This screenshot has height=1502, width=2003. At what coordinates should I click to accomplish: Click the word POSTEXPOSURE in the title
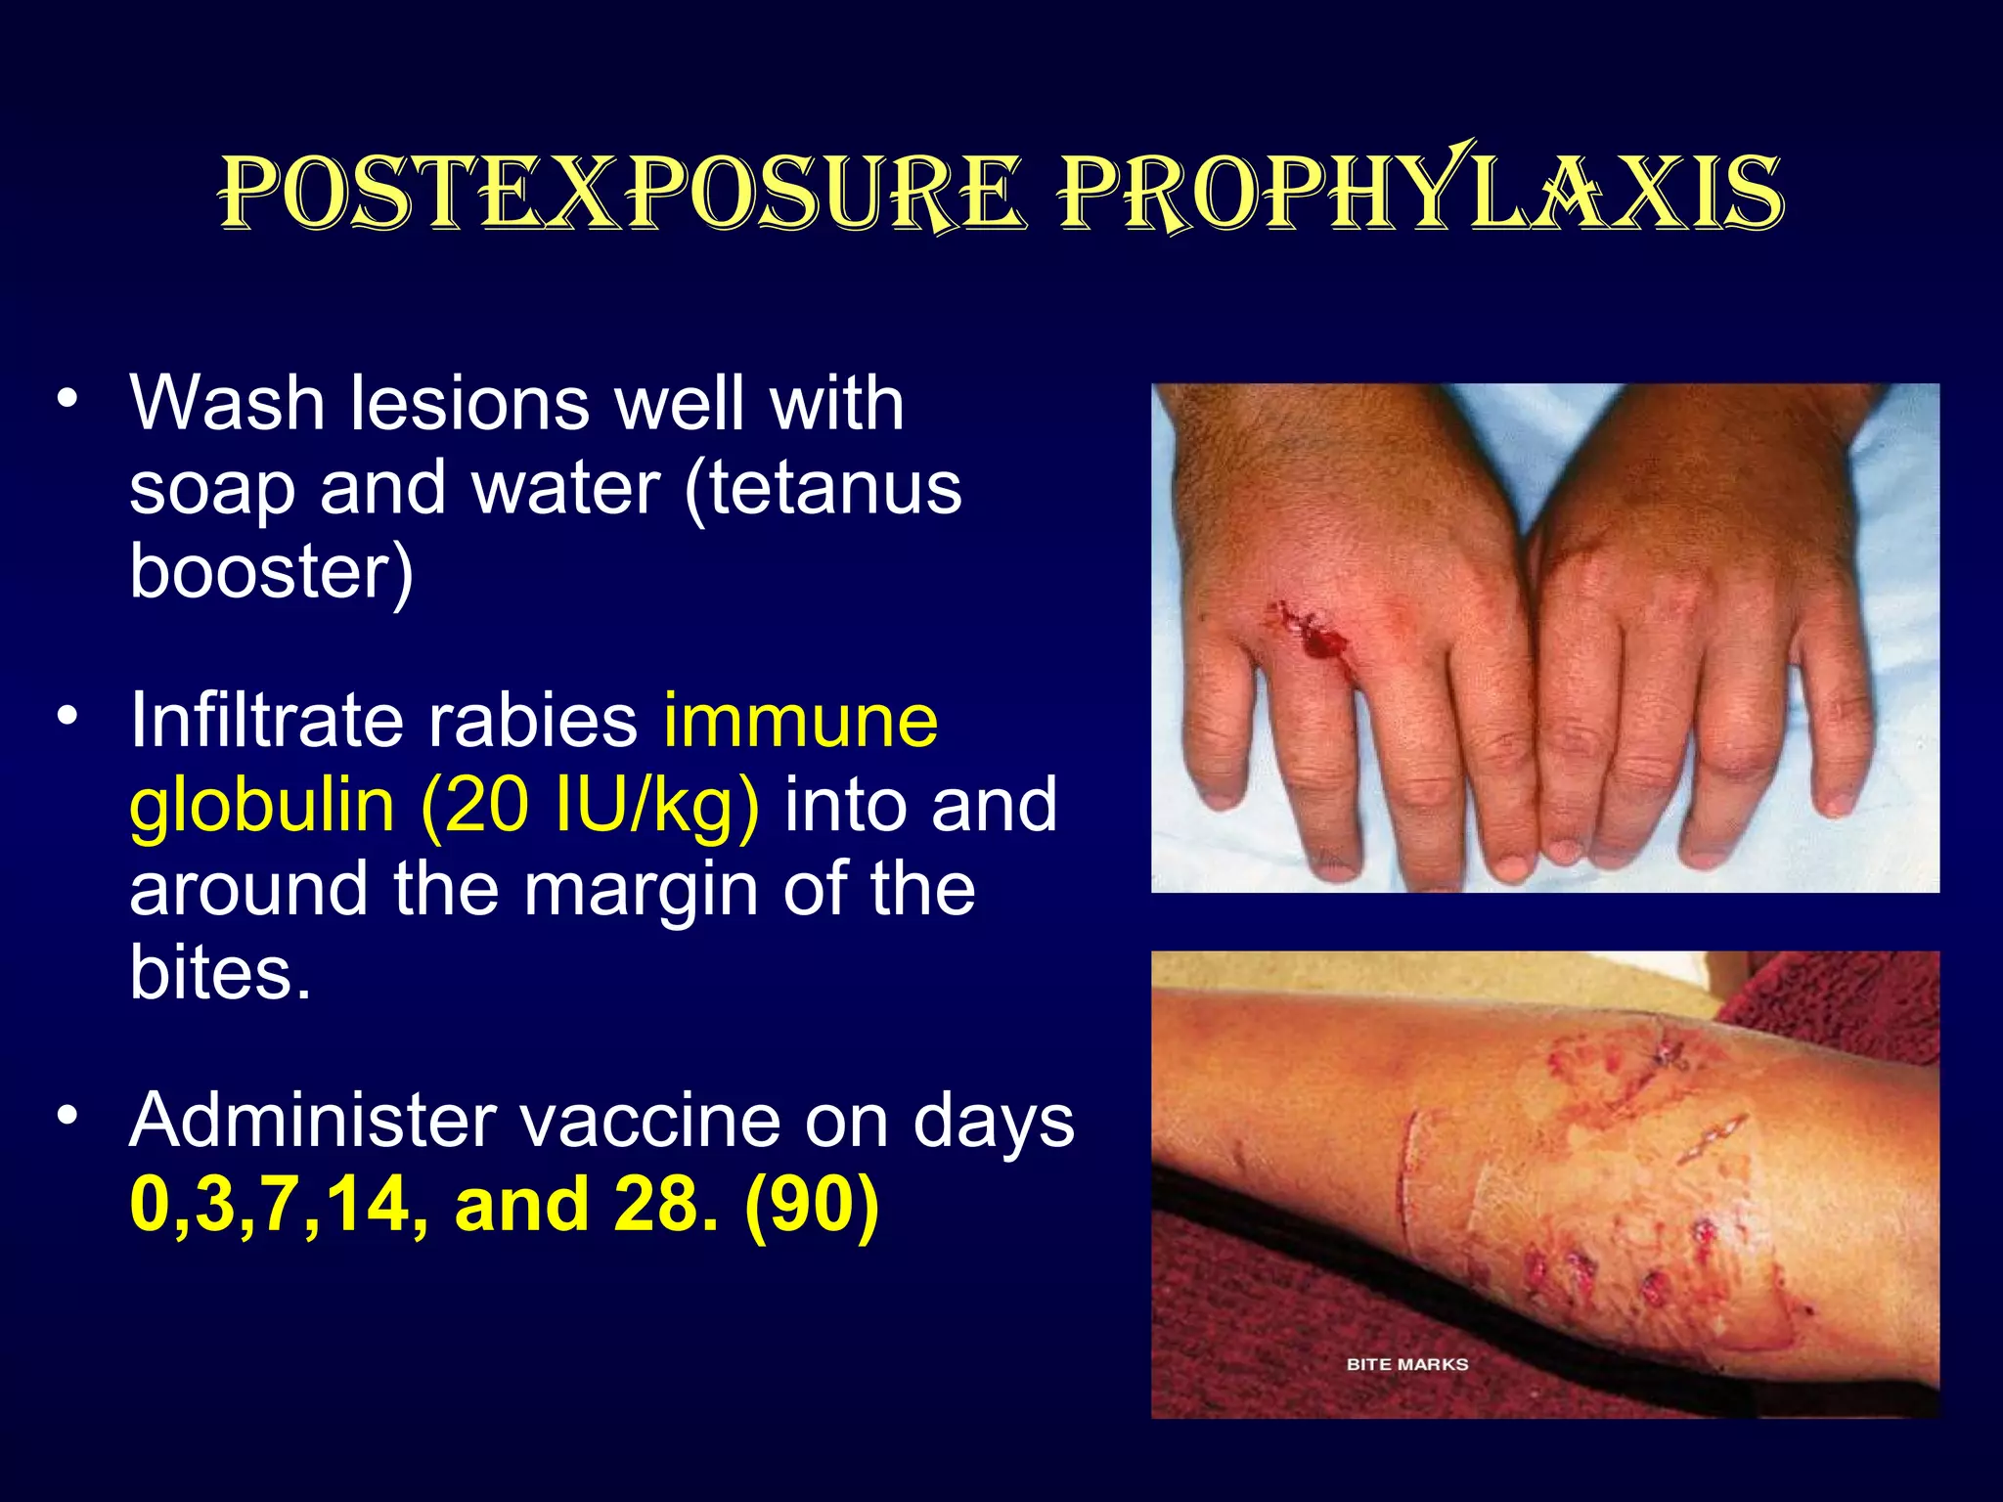622,193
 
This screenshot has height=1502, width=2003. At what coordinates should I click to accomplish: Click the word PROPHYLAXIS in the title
1423,193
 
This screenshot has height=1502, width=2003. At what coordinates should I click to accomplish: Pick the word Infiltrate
266,721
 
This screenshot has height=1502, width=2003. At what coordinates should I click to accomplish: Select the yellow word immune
800,721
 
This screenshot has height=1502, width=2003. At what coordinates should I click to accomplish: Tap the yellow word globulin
262,806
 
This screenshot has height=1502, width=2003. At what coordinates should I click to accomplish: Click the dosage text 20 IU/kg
590,806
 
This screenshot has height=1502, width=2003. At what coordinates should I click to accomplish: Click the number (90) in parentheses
812,1205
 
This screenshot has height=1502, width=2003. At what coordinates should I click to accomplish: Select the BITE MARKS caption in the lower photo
1406,1364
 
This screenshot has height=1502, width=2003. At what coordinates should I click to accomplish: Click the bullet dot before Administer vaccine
67,1116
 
